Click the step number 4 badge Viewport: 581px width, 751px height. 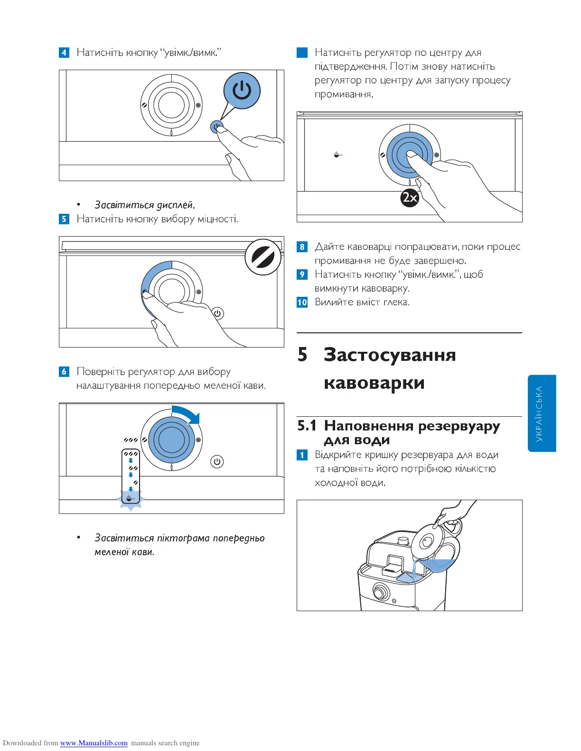point(64,52)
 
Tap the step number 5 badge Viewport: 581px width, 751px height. point(64,219)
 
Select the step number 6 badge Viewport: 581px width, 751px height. point(64,372)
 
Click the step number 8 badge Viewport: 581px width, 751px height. point(302,247)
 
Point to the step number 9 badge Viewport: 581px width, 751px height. point(302,275)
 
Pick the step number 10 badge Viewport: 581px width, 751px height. point(302,302)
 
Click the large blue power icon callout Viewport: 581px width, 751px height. point(242,90)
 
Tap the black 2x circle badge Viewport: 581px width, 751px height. point(410,197)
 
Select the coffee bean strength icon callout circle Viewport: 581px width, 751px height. point(263,257)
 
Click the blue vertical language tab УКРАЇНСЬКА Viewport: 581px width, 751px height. point(542,413)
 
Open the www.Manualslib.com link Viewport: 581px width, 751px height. point(94,743)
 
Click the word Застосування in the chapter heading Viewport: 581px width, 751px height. point(390,355)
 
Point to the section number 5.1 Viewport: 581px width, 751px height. point(307,426)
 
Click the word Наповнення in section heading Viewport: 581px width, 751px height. point(368,426)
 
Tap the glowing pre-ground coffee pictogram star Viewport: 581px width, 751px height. point(131,499)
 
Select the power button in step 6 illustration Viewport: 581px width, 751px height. point(217,461)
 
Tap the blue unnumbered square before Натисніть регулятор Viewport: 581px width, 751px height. point(302,52)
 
